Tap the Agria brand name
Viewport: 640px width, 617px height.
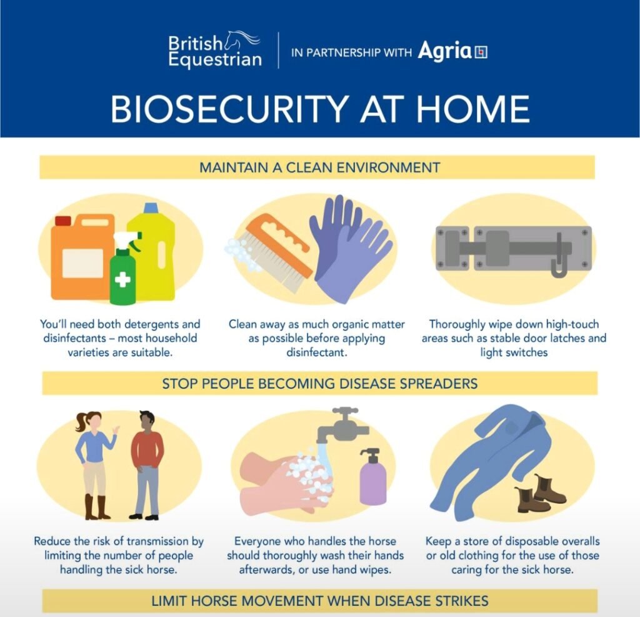(x=444, y=51)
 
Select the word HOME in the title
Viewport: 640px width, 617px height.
(x=472, y=109)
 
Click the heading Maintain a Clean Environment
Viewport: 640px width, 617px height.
(x=319, y=168)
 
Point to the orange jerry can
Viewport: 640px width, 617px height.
(x=82, y=258)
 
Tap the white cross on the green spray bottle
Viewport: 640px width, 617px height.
(x=122, y=279)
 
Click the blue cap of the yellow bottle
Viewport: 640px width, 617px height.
(x=150, y=208)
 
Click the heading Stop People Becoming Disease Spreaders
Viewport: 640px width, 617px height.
(x=319, y=384)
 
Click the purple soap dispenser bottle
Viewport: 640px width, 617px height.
(x=372, y=477)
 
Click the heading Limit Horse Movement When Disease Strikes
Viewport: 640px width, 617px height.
(x=319, y=601)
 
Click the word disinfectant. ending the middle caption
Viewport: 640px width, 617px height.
(x=317, y=353)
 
